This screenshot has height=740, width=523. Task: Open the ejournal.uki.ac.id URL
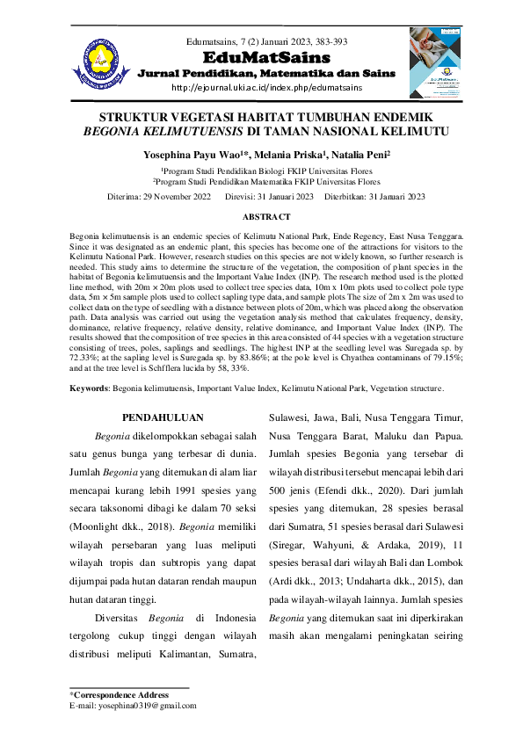click(x=266, y=88)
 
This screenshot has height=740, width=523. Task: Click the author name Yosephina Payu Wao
click(x=185, y=154)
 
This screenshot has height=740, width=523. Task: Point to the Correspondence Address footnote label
click(x=120, y=694)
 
